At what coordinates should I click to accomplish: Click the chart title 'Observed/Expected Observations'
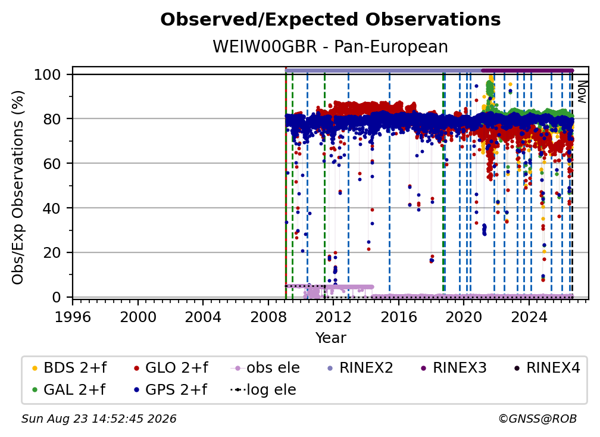330,20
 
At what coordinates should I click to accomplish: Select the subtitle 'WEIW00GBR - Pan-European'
330,46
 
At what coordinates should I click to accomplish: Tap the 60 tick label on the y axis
52,163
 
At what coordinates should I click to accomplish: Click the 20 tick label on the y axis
52,252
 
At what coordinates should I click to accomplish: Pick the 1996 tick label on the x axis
73,317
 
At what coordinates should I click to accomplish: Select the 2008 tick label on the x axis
268,317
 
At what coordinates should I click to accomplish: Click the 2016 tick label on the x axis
399,317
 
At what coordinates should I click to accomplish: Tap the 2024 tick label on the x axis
529,317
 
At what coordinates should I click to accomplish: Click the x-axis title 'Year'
330,338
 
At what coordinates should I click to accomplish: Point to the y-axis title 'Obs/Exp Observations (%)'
18,188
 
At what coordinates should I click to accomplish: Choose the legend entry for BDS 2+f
69,368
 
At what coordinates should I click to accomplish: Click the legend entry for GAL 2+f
68,389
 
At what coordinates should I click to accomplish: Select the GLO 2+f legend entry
171,368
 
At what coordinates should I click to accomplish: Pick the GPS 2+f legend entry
170,389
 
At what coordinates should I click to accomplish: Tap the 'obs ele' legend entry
265,368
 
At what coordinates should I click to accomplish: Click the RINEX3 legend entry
454,368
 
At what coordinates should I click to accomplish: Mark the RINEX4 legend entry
547,368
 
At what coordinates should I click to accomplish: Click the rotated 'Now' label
582,92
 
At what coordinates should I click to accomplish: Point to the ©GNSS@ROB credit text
537,419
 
